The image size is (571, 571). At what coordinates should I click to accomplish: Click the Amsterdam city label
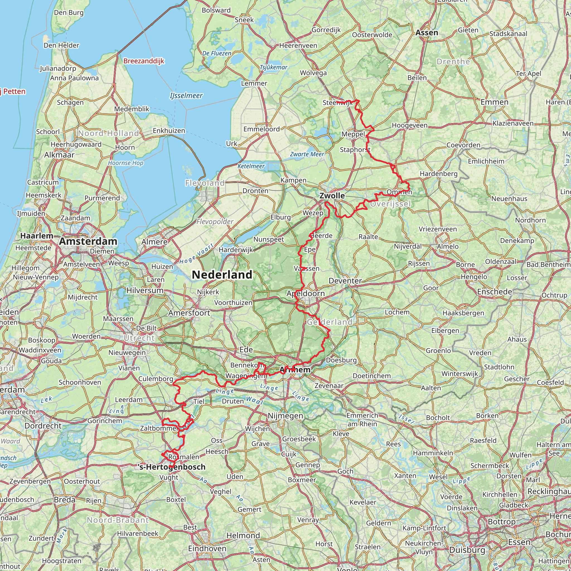pos(88,241)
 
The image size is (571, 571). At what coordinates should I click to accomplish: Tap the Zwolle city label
pos(332,196)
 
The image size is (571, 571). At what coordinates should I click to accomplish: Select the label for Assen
pos(427,33)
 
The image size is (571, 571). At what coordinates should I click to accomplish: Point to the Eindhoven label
pos(207,548)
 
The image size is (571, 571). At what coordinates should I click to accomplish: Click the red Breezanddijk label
pos(144,61)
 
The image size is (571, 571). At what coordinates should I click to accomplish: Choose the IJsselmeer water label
pos(186,95)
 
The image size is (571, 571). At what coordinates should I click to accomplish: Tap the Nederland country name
pos(222,275)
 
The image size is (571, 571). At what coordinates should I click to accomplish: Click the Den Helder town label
pos(61,45)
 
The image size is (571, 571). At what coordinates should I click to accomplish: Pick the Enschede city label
pos(494,292)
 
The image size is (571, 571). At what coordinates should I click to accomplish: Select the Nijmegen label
pos(285,416)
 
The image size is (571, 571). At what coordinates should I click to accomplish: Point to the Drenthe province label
pos(453,62)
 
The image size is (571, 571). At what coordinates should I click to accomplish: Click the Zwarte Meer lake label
pos(307,154)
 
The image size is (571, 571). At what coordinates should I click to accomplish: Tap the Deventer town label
pos(345,281)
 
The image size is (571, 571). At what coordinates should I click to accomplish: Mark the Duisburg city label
pos(467,550)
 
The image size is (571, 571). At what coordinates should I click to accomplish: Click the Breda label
pos(65,499)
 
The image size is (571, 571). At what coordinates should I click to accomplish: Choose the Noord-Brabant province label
pos(118,520)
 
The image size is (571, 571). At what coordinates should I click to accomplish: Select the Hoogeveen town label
pos(410,125)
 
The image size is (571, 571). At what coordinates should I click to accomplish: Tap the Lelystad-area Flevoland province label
pos(205,183)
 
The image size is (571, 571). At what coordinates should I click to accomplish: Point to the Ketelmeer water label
pos(251,166)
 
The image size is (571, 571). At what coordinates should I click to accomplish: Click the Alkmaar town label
pos(59,155)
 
